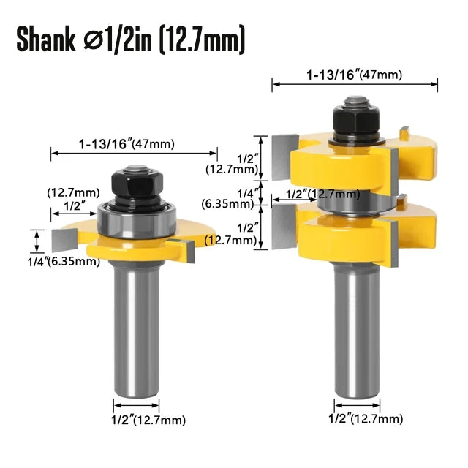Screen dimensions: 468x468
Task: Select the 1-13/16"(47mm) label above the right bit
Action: (x=355, y=74)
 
